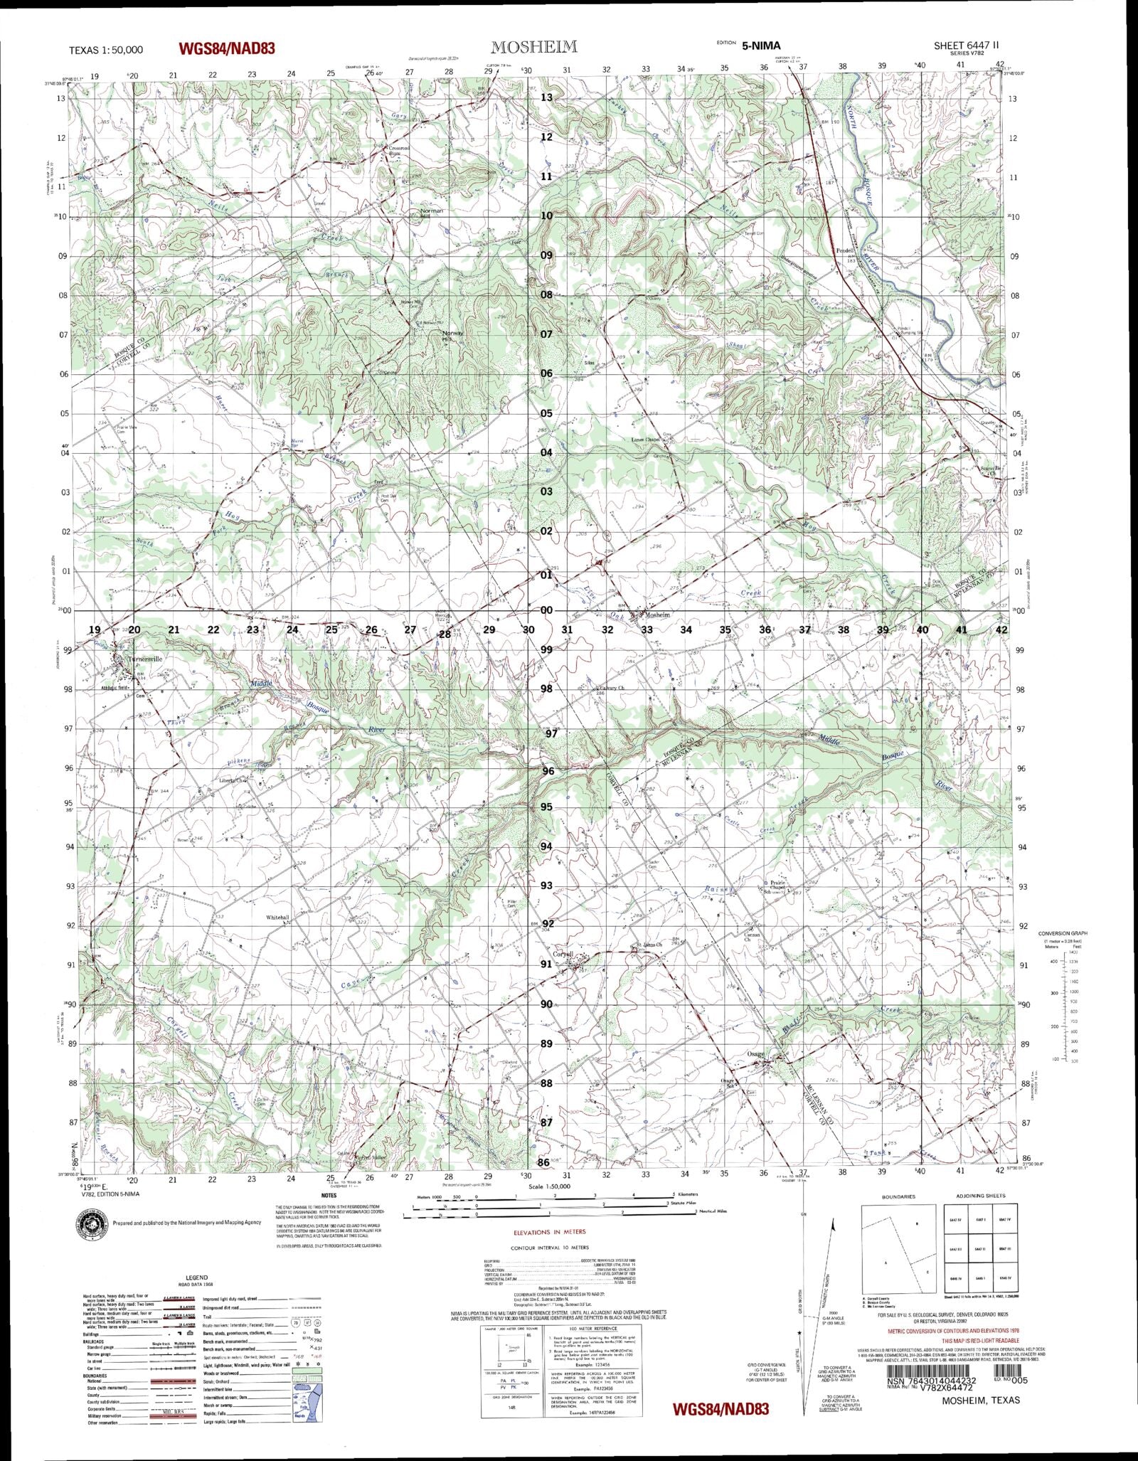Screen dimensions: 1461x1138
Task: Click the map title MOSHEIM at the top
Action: point(533,47)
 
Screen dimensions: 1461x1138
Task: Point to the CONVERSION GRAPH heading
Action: point(1063,933)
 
